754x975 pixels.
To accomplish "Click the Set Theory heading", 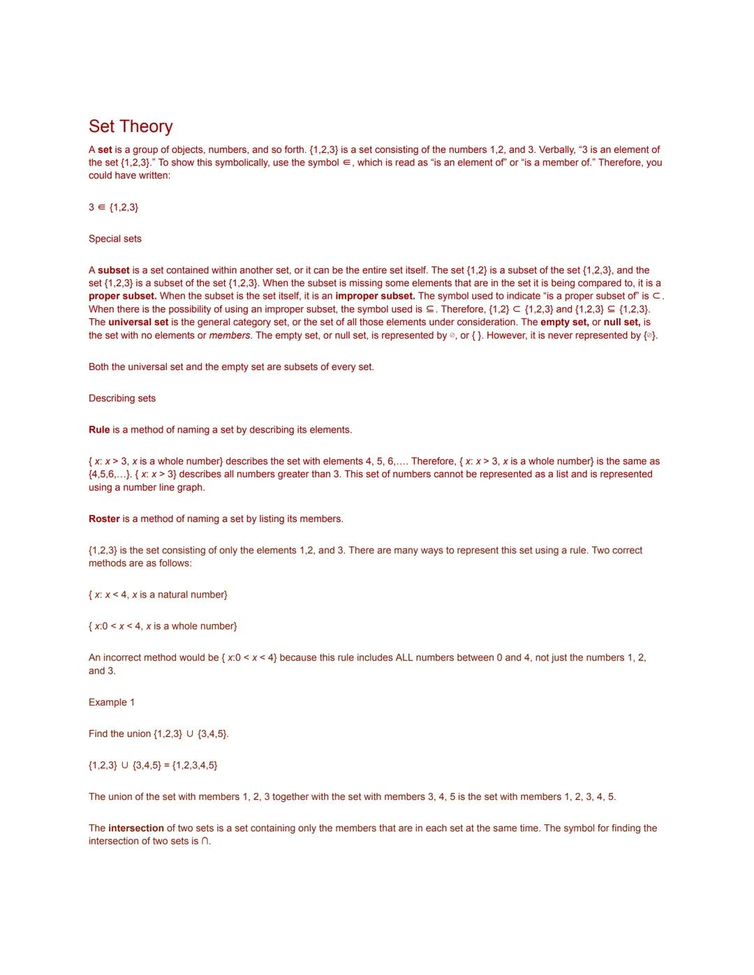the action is coord(131,126).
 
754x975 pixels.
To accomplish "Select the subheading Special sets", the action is coord(115,239).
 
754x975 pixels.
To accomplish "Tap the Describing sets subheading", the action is coord(122,399).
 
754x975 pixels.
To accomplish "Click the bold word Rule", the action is coord(99,430).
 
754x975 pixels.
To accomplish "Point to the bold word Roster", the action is coord(104,519).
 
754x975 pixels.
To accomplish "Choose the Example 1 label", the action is coord(112,702).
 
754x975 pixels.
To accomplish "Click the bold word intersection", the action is coord(136,828).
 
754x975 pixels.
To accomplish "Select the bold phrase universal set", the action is coord(138,322).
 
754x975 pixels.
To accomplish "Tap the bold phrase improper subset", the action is coord(375,296).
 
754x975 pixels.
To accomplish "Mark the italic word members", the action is coord(230,336).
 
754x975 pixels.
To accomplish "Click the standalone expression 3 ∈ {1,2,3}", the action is coord(114,207).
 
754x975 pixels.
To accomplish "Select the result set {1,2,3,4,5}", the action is coord(195,766).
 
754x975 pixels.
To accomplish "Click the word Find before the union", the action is coord(98,734).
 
